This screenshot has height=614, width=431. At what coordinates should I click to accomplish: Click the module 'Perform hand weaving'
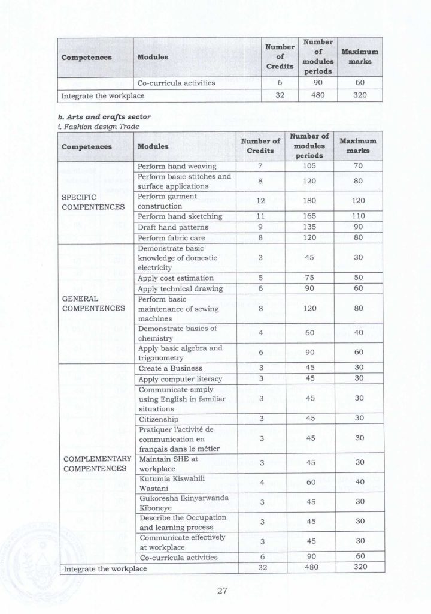(x=177, y=166)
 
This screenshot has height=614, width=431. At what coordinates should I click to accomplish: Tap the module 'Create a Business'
(x=170, y=368)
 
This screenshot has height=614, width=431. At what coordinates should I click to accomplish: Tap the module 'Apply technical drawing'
(x=180, y=288)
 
